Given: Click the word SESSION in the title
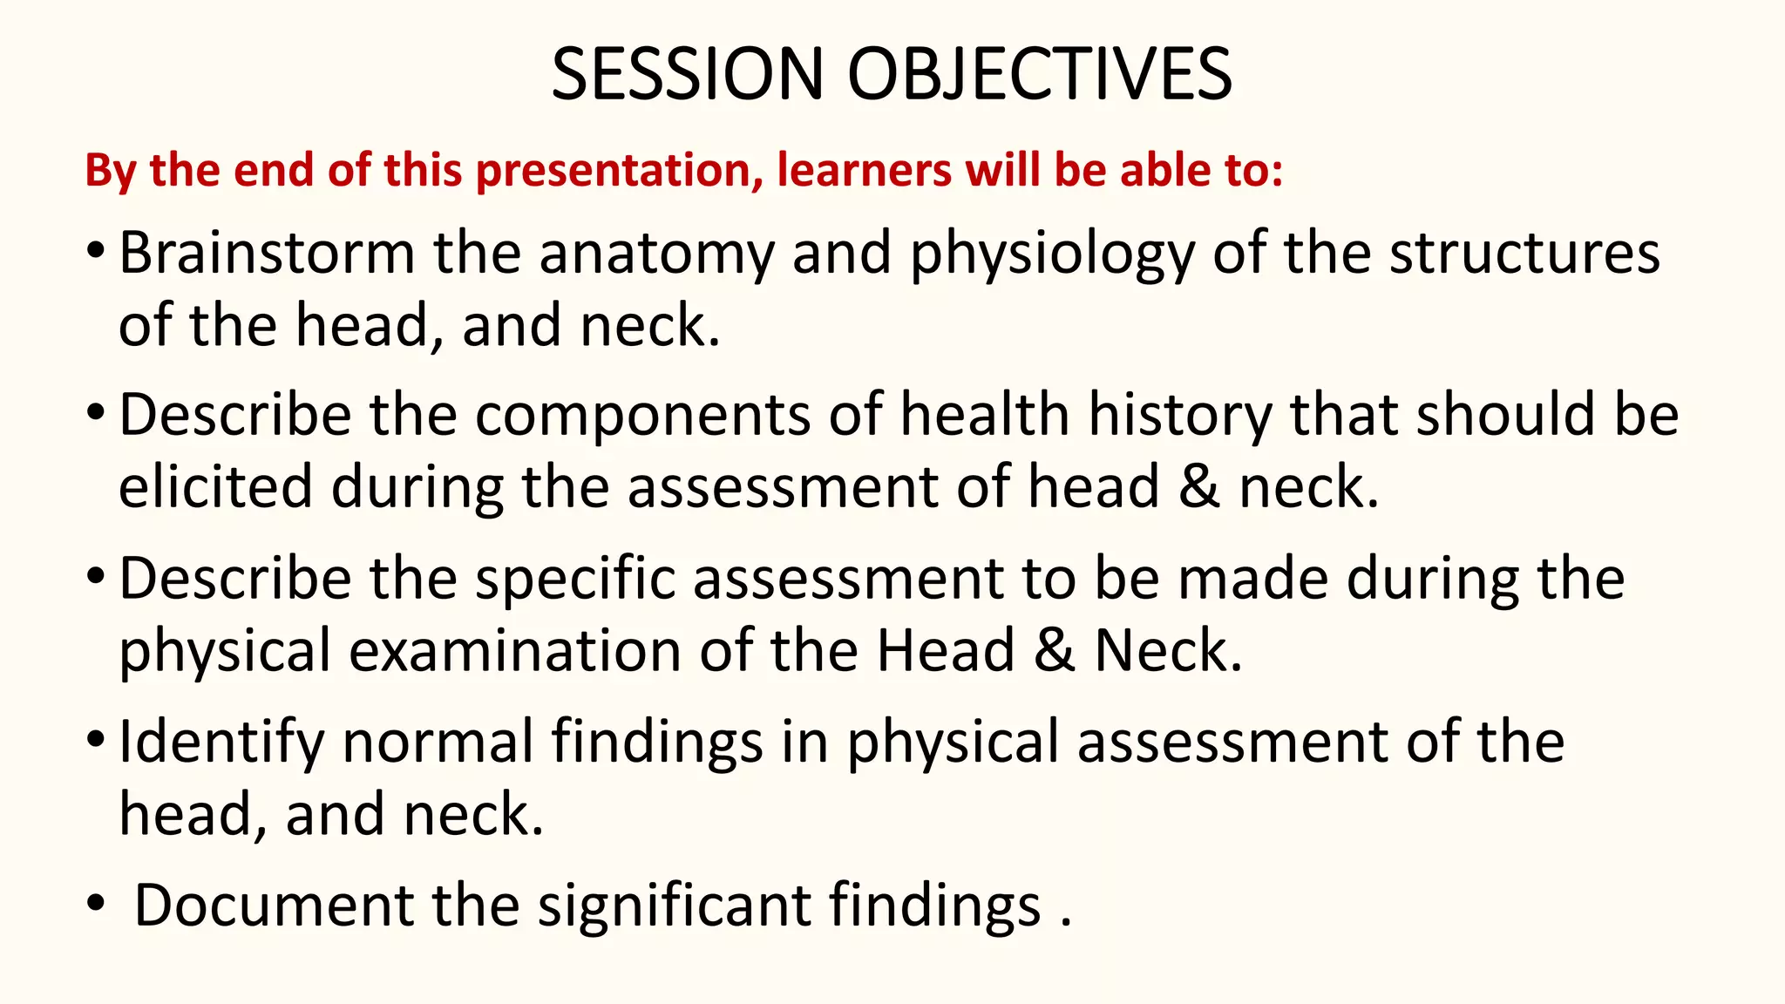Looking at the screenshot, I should click(x=687, y=74).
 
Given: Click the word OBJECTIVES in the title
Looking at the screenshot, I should click(x=1040, y=74).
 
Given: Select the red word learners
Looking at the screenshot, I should click(x=864, y=170).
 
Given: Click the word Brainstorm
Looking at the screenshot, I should click(x=266, y=254).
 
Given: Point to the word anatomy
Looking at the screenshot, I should click(x=656, y=255).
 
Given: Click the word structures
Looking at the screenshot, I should click(x=1524, y=254).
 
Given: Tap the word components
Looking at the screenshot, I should click(x=643, y=417).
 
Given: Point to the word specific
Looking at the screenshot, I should click(x=575, y=580).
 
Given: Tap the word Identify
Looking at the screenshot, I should click(x=221, y=743).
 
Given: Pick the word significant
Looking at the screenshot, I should click(x=675, y=906).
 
